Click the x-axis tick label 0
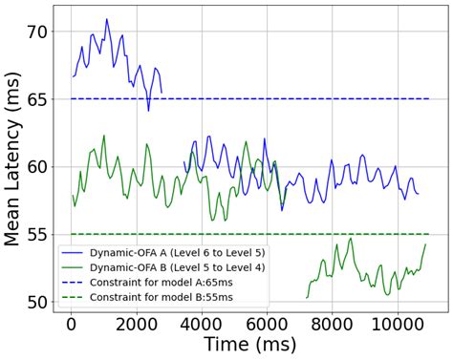71,327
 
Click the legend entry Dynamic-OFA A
163,251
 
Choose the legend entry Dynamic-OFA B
163,266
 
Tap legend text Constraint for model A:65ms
154,282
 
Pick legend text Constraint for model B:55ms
154,297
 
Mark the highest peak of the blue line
106,18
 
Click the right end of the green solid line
424,244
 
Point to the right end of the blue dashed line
429,99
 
